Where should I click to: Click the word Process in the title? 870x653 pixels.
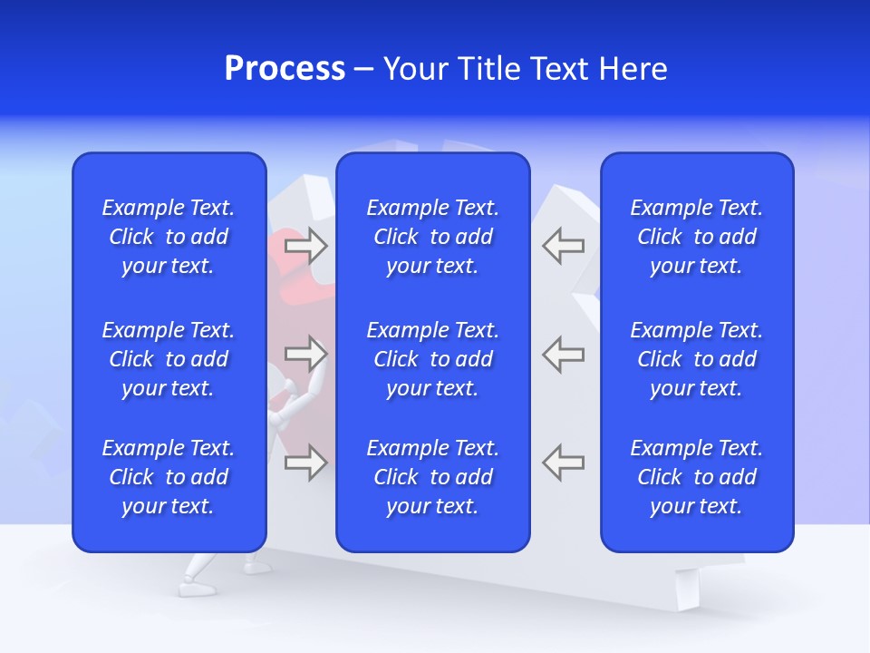pyautogui.click(x=285, y=69)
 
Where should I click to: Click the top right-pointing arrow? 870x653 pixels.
pyautogui.click(x=305, y=246)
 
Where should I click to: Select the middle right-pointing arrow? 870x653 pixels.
pyautogui.click(x=305, y=354)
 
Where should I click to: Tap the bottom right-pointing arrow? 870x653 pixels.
pyautogui.click(x=305, y=463)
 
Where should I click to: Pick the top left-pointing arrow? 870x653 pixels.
pyautogui.click(x=563, y=246)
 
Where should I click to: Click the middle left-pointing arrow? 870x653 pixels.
pyautogui.click(x=563, y=354)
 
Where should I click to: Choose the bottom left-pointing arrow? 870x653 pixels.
pyautogui.click(x=563, y=463)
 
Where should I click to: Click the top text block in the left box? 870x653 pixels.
pyautogui.click(x=169, y=237)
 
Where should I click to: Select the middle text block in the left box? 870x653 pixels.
pyautogui.click(x=169, y=359)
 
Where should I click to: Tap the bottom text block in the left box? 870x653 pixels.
pyautogui.click(x=169, y=477)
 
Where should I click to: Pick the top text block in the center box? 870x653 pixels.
pyautogui.click(x=432, y=237)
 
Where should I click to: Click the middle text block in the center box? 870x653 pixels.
pyautogui.click(x=432, y=359)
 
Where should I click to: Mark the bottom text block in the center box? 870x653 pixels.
pyautogui.click(x=432, y=477)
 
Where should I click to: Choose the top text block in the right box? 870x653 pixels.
pyautogui.click(x=696, y=237)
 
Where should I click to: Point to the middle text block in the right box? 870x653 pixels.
pyautogui.click(x=696, y=359)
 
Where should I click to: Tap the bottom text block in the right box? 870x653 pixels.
pyautogui.click(x=696, y=477)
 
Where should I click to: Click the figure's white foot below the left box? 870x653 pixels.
pyautogui.click(x=196, y=587)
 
